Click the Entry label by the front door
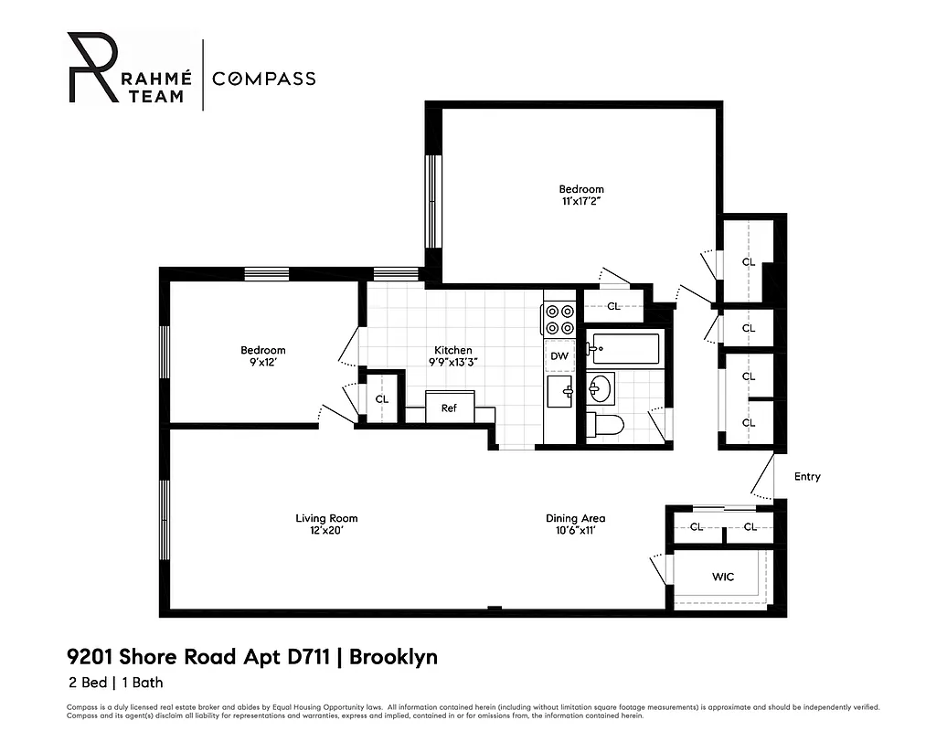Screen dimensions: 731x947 [x=807, y=477]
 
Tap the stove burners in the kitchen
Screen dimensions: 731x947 [x=559, y=318]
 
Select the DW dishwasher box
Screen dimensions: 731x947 [x=559, y=356]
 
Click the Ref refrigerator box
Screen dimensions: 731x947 [x=449, y=408]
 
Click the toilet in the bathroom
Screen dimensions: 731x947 [x=605, y=424]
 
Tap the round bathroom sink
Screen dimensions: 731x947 [x=601, y=388]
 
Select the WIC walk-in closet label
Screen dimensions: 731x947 [x=722, y=577]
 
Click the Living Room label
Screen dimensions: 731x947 [x=326, y=519]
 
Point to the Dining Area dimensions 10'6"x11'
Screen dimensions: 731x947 [x=575, y=530]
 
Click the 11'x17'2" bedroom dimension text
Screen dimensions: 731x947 [x=581, y=201]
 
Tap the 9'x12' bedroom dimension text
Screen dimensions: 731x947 [x=263, y=362]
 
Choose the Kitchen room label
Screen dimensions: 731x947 [x=452, y=350]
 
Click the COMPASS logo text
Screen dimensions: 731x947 [x=264, y=79]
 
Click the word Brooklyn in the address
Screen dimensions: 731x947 [x=394, y=657]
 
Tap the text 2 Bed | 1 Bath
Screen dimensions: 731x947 [x=115, y=682]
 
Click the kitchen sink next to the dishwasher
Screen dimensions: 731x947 [x=559, y=391]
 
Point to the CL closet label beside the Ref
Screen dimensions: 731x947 [x=382, y=399]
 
